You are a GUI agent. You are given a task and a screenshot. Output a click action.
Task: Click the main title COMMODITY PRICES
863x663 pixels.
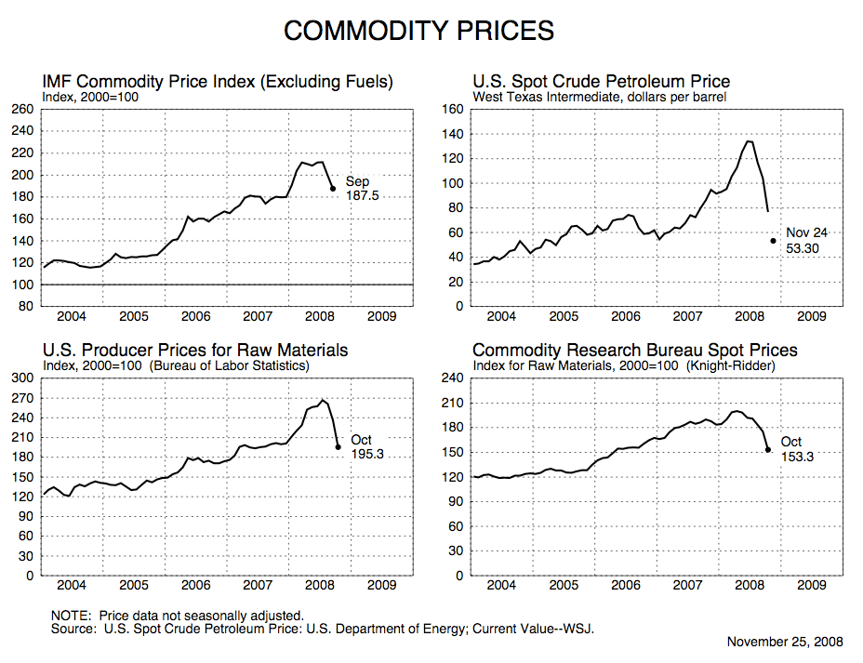click(x=418, y=31)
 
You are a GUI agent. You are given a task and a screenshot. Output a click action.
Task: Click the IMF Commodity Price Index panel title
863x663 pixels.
click(x=218, y=82)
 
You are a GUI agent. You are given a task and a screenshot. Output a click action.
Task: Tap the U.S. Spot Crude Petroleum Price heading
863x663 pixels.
click(x=601, y=82)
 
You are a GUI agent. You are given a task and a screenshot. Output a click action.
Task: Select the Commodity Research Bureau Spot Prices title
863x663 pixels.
click(x=635, y=351)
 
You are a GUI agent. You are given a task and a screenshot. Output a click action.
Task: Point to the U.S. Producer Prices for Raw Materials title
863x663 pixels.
click(x=195, y=351)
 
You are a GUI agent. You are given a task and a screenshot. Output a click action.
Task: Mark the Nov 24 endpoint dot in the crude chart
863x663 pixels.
click(x=773, y=241)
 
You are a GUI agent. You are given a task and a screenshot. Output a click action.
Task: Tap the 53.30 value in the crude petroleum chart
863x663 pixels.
click(x=803, y=249)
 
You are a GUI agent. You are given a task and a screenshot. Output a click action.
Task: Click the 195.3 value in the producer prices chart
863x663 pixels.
click(x=367, y=456)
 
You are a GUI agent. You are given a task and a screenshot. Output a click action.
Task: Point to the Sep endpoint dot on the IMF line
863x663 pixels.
click(x=333, y=189)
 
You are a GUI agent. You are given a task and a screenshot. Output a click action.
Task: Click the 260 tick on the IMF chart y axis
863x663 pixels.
click(x=22, y=110)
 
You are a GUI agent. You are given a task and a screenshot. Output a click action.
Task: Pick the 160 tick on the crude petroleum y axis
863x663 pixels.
click(x=453, y=110)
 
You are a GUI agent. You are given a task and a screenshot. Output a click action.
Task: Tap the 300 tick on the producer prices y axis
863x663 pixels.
click(x=22, y=378)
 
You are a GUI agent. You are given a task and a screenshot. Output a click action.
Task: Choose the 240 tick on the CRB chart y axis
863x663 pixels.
click(x=453, y=378)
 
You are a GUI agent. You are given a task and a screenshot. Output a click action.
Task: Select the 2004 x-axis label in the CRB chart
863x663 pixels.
click(x=501, y=586)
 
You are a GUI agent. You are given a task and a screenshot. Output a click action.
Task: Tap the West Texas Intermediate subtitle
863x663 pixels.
click(x=600, y=97)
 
